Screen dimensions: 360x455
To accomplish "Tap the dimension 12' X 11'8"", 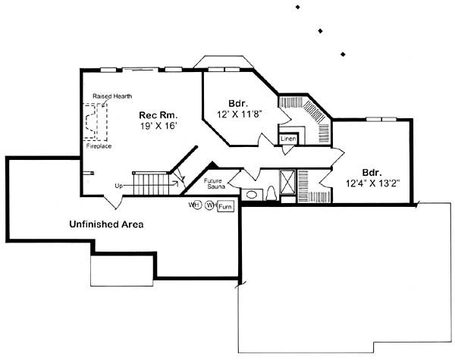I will pyautogui.click(x=237, y=114).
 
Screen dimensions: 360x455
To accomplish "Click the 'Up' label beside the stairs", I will pyautogui.click(x=119, y=186).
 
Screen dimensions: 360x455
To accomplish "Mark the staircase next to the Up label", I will pyautogui.click(x=151, y=183).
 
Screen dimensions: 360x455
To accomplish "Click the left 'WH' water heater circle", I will pyautogui.click(x=195, y=205).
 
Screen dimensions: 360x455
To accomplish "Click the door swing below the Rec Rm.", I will pyautogui.click(x=111, y=200).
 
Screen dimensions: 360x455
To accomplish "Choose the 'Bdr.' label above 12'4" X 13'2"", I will pyautogui.click(x=371, y=171).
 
